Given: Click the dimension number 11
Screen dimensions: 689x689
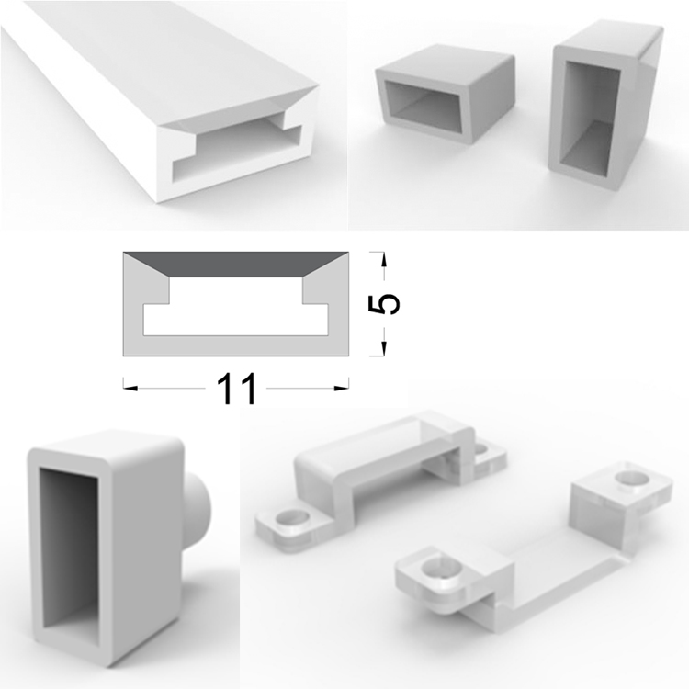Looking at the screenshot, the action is (236, 389).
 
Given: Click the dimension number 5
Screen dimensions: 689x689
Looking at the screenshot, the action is (384, 304).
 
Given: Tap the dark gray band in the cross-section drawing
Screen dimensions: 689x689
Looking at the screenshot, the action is (235, 264).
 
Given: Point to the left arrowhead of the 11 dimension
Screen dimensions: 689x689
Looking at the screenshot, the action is (130, 389).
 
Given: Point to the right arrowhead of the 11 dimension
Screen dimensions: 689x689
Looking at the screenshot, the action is (342, 389).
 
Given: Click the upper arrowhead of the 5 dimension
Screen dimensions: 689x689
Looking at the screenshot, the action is (384, 259).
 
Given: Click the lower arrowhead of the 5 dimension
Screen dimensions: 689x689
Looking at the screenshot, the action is (384, 348).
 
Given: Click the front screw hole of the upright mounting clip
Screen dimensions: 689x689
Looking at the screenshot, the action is (291, 518).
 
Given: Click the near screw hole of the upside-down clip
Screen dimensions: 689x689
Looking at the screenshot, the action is (442, 570).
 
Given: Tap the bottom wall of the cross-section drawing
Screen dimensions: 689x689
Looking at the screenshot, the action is (236, 345).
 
